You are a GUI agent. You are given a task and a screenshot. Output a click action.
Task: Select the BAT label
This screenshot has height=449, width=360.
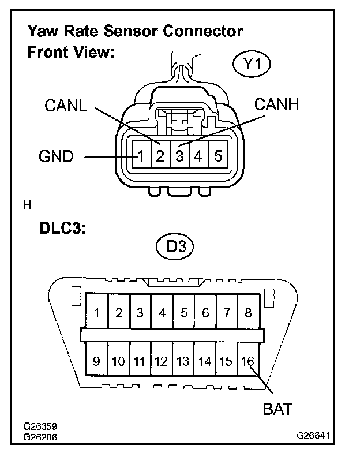point(277,409)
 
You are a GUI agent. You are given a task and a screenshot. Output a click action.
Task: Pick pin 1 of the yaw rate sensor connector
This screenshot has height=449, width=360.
point(140,155)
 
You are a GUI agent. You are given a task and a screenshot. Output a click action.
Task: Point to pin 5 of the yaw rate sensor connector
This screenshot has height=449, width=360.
point(217,155)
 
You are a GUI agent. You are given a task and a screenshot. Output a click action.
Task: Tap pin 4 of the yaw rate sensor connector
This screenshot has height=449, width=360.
point(198,155)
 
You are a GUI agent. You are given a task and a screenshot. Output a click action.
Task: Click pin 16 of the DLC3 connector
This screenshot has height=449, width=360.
point(248,361)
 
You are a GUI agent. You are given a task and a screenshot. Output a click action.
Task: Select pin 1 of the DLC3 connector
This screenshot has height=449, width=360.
point(97,313)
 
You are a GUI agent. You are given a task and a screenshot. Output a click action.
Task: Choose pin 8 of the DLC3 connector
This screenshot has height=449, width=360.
point(249,313)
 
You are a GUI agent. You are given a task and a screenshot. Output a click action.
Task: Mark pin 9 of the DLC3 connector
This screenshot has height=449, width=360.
point(97,361)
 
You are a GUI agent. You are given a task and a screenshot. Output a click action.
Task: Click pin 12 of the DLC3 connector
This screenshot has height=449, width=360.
point(162,361)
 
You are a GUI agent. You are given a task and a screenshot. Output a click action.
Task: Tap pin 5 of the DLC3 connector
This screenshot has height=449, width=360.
point(183,313)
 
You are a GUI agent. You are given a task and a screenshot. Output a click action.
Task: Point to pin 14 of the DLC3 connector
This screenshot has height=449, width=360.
point(205,361)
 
